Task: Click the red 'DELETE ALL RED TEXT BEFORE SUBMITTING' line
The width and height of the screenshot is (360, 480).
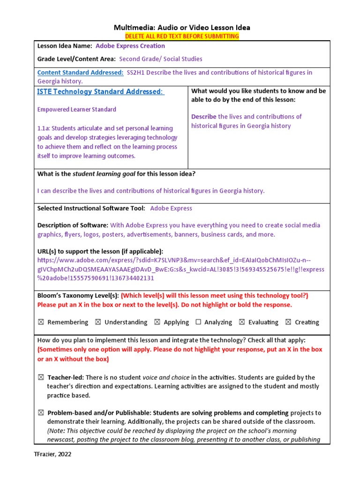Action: coord(181,36)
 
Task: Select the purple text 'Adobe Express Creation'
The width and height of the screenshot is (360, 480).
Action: coord(130,46)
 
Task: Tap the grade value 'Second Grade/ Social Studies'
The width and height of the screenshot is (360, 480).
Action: coord(161,59)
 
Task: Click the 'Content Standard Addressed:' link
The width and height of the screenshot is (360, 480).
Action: coord(80,73)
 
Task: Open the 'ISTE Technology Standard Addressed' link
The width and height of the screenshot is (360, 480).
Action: coord(101,91)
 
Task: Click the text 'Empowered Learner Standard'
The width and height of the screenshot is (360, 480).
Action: coord(76,109)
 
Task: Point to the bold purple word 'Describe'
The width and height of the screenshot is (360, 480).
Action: coord(204,117)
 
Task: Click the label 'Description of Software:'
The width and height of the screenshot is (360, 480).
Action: coord(73,225)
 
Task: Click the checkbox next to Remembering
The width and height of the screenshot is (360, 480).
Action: coord(41,322)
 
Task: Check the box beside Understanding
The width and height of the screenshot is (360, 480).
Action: coord(98,322)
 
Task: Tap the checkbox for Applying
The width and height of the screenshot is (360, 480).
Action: coord(157,322)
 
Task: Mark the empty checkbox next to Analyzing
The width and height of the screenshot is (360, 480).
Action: coord(198,322)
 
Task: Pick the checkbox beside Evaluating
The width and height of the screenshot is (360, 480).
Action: coord(241,322)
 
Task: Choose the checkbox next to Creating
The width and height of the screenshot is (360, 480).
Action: coord(288,322)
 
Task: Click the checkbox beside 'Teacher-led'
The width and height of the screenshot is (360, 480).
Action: coord(41,377)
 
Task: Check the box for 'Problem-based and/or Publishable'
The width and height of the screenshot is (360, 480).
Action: coord(41,413)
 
